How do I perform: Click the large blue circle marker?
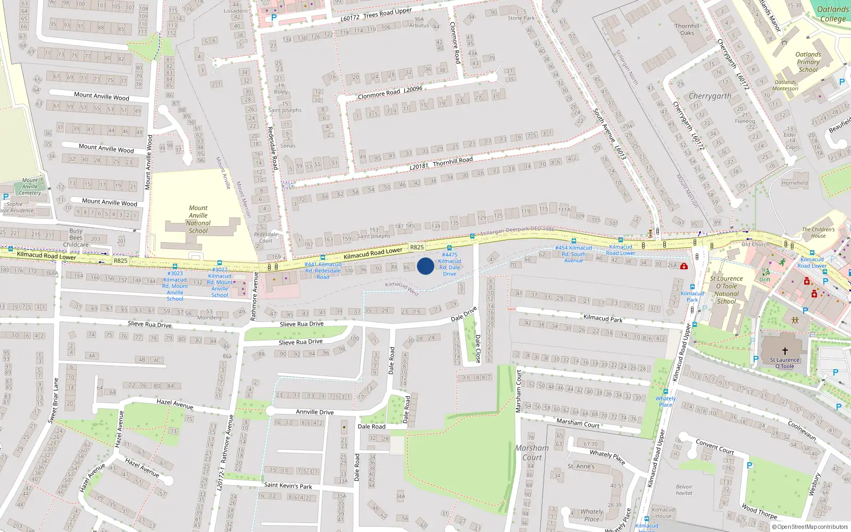[x=425, y=266]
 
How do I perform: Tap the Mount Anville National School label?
[x=198, y=219]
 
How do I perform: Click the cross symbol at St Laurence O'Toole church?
[x=785, y=351]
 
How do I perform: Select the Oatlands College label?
[x=832, y=14]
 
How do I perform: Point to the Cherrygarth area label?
[x=710, y=96]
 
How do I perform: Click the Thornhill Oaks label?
[x=687, y=29]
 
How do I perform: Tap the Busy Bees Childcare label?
[x=76, y=238]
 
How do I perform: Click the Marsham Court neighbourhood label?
[x=532, y=453]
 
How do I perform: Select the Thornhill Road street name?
[x=453, y=161]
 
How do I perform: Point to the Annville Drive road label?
[x=315, y=412]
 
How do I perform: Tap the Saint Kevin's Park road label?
[x=288, y=485]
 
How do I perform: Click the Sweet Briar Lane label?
[x=53, y=401]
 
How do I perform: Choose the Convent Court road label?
[x=715, y=446]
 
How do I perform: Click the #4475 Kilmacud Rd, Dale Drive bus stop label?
[x=449, y=264]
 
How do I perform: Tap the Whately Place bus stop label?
[x=665, y=401]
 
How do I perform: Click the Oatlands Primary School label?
[x=808, y=62]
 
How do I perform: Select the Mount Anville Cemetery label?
[x=30, y=187]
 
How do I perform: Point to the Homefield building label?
[x=795, y=183]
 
